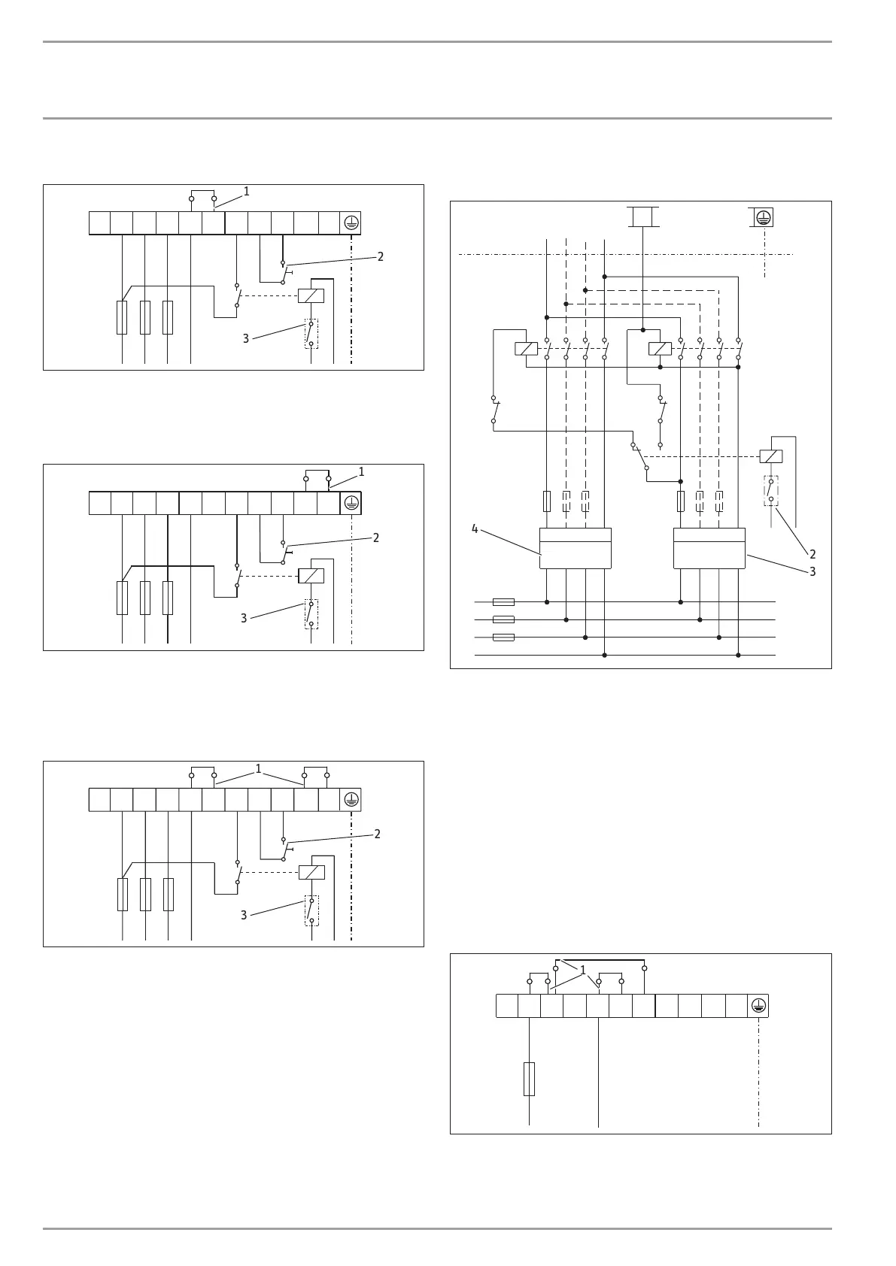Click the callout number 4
pyautogui.click(x=475, y=529)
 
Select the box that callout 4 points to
pyautogui.click(x=576, y=548)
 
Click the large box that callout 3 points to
pyautogui.click(x=709, y=548)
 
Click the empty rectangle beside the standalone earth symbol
pyautogui.click(x=643, y=217)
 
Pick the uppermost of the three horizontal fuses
pyautogui.click(x=503, y=602)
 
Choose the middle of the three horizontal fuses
pyautogui.click(x=503, y=619)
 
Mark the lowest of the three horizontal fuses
pyautogui.click(x=503, y=638)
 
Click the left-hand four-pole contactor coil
pyautogui.click(x=527, y=349)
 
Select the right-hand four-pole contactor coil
pyautogui.click(x=660, y=349)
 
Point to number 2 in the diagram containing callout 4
pyautogui.click(x=812, y=554)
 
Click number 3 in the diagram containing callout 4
pyautogui.click(x=812, y=571)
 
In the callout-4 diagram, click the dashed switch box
pyautogui.click(x=770, y=491)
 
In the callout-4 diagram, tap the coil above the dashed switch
pyautogui.click(x=770, y=456)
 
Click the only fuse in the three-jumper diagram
pyautogui.click(x=529, y=1079)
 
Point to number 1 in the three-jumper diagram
pyautogui.click(x=582, y=971)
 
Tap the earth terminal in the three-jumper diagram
pyautogui.click(x=758, y=1006)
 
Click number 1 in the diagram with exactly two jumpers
pyautogui.click(x=258, y=768)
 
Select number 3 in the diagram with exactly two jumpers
pyautogui.click(x=244, y=915)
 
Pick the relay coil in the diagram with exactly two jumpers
pyautogui.click(x=311, y=873)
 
